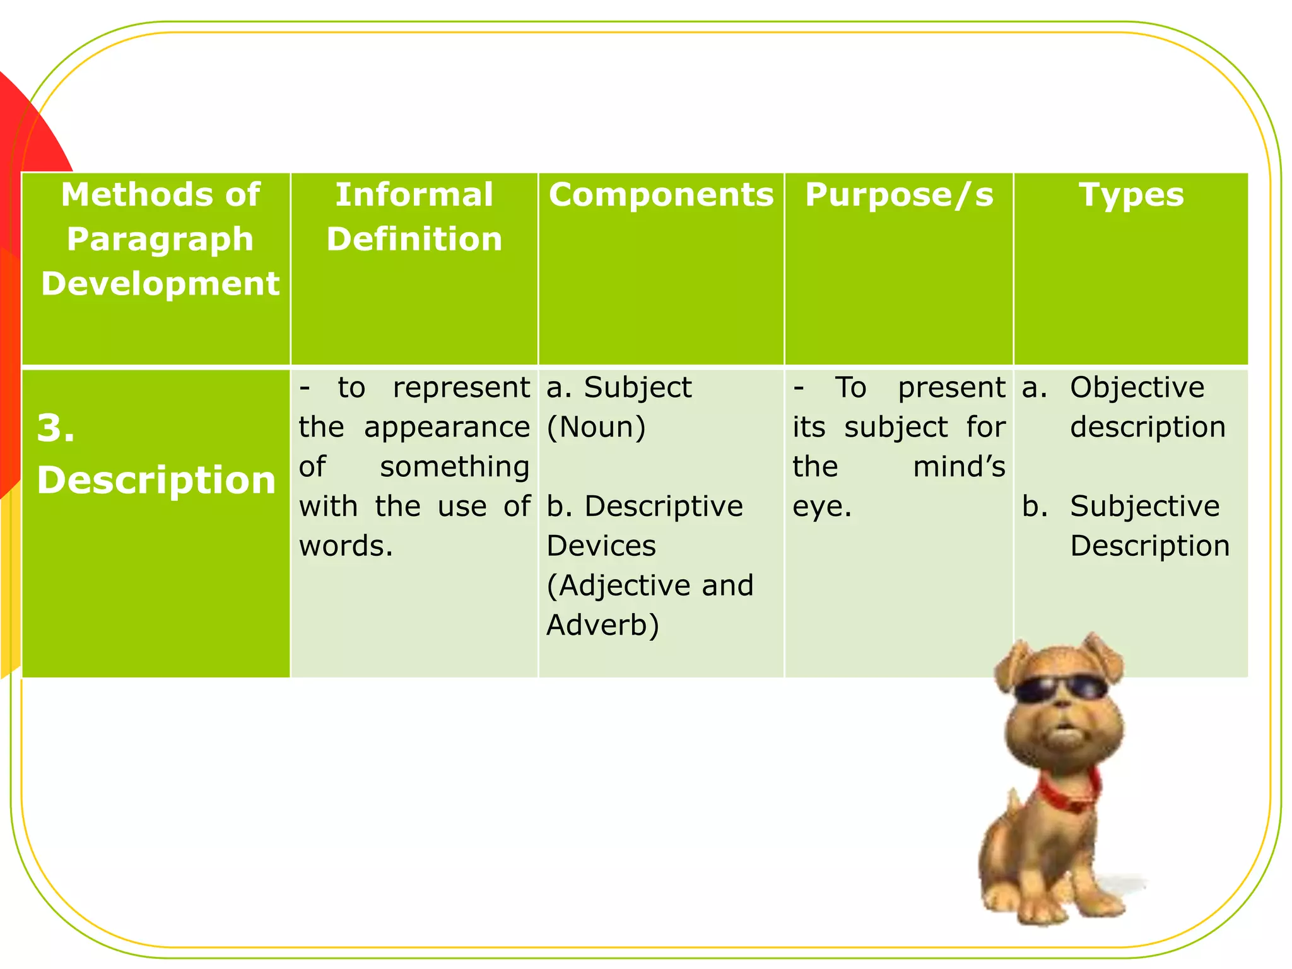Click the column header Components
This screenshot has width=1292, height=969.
(x=661, y=195)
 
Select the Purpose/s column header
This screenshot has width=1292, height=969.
(x=899, y=195)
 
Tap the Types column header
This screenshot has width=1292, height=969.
(x=1131, y=195)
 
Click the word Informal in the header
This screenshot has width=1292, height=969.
(x=414, y=195)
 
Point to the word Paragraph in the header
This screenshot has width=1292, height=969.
(x=160, y=240)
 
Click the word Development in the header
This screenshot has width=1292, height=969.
(x=160, y=284)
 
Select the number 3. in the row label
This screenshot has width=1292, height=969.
(x=56, y=429)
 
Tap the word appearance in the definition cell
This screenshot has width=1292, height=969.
(x=447, y=428)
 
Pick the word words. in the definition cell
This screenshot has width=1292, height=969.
(x=346, y=546)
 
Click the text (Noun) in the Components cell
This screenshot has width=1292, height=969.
(x=596, y=428)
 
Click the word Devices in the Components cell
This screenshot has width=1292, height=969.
(x=601, y=546)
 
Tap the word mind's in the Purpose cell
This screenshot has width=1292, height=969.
(x=959, y=467)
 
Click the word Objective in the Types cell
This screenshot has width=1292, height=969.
(x=1137, y=388)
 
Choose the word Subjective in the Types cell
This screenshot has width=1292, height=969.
(x=1145, y=507)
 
